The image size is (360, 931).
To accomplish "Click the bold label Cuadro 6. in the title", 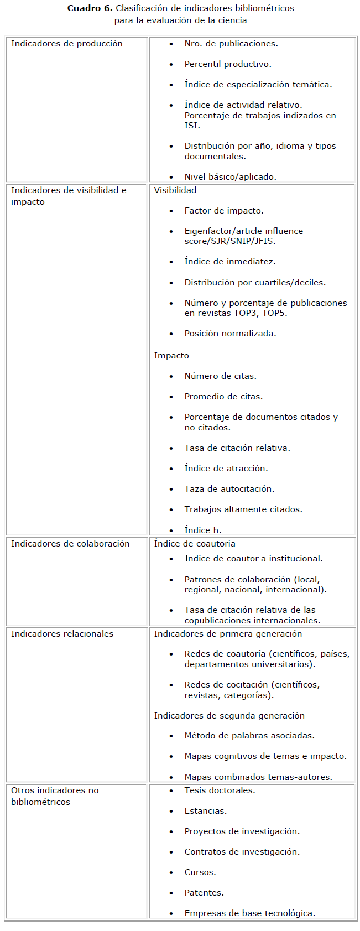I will [90, 8].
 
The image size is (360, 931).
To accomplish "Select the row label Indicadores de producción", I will [67, 44].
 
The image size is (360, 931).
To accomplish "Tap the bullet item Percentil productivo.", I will [228, 64].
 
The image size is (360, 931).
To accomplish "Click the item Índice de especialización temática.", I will [258, 85].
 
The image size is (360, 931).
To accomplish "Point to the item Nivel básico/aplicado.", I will [230, 177].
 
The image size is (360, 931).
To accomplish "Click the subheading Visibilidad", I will [175, 190].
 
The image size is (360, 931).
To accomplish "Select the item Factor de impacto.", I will [224, 211].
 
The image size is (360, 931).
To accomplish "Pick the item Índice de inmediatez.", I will [230, 262].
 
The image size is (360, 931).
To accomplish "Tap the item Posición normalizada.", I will [230, 334].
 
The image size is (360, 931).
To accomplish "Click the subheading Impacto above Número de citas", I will [171, 356].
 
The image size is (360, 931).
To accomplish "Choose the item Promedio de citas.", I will [223, 397].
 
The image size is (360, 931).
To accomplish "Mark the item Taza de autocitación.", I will [229, 489].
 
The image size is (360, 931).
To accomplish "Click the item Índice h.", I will [203, 530].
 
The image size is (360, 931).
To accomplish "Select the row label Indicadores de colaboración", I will [70, 544].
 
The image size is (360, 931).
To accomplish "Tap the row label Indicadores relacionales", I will [62, 634].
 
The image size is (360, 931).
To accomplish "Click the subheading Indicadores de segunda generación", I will [229, 716].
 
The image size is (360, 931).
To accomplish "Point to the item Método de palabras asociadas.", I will [249, 736].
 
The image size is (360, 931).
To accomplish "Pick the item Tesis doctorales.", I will [220, 790].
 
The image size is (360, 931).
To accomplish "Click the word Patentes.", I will [204, 893].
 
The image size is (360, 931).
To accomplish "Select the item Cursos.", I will [200, 872].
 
